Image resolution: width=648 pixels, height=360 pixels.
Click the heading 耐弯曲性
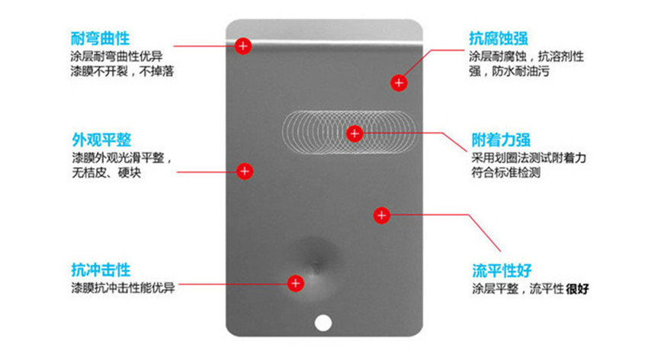tap(100, 38)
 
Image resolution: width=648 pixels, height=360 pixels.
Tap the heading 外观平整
tap(101, 140)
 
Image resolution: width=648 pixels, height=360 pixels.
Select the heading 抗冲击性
tap(101, 270)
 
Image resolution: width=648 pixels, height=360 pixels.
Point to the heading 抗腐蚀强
tap(499, 38)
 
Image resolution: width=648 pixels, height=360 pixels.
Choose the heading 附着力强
tap(501, 140)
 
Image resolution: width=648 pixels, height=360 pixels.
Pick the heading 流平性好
tap(502, 271)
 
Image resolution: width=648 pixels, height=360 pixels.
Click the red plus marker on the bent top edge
tap(243, 46)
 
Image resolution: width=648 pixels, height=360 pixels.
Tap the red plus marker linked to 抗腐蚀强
tap(399, 82)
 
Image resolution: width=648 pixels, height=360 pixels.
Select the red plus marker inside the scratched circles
tap(354, 133)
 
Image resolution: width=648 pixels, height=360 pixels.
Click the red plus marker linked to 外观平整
tap(245, 171)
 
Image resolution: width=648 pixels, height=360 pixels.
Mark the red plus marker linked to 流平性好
tap(381, 215)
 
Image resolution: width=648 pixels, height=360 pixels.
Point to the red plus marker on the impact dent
tap(296, 284)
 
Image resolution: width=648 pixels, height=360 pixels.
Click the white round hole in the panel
tap(323, 323)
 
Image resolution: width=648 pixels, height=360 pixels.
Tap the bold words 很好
tap(577, 289)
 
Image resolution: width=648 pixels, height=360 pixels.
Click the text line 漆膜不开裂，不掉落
tap(122, 72)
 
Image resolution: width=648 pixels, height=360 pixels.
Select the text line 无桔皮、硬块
tap(106, 172)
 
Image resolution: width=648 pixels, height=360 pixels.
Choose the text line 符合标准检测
tap(506, 172)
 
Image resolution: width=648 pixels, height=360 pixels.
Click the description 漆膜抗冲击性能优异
tap(124, 288)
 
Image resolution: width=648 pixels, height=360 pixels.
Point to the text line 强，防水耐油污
tap(509, 72)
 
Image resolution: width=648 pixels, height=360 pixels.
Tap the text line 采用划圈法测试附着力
tap(529, 157)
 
